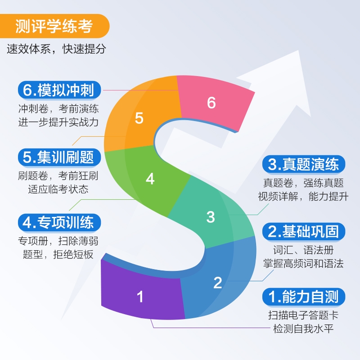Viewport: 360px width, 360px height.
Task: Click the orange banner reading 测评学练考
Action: pyautogui.click(x=54, y=27)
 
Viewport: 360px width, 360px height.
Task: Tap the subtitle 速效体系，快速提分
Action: pyautogui.click(x=56, y=49)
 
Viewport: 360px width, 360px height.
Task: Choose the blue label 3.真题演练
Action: pyautogui.click(x=303, y=164)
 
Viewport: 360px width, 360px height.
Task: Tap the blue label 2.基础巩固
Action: pyautogui.click(x=303, y=231)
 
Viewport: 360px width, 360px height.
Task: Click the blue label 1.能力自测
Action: pyautogui.click(x=303, y=297)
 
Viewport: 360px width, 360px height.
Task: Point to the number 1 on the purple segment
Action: pyautogui.click(x=140, y=297)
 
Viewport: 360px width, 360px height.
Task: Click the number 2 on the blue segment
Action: pyautogui.click(x=218, y=283)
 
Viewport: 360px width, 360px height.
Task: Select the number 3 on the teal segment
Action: pyautogui.click(x=211, y=216)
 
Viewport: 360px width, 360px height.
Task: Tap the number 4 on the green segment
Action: pyautogui.click(x=150, y=179)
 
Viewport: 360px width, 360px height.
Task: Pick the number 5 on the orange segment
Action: pyautogui.click(x=139, y=118)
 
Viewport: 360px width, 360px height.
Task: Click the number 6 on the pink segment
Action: pyautogui.click(x=211, y=103)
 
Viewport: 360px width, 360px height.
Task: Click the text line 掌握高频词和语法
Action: pyautogui.click(x=303, y=263)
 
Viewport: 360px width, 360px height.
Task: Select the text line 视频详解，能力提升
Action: pyautogui.click(x=303, y=196)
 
